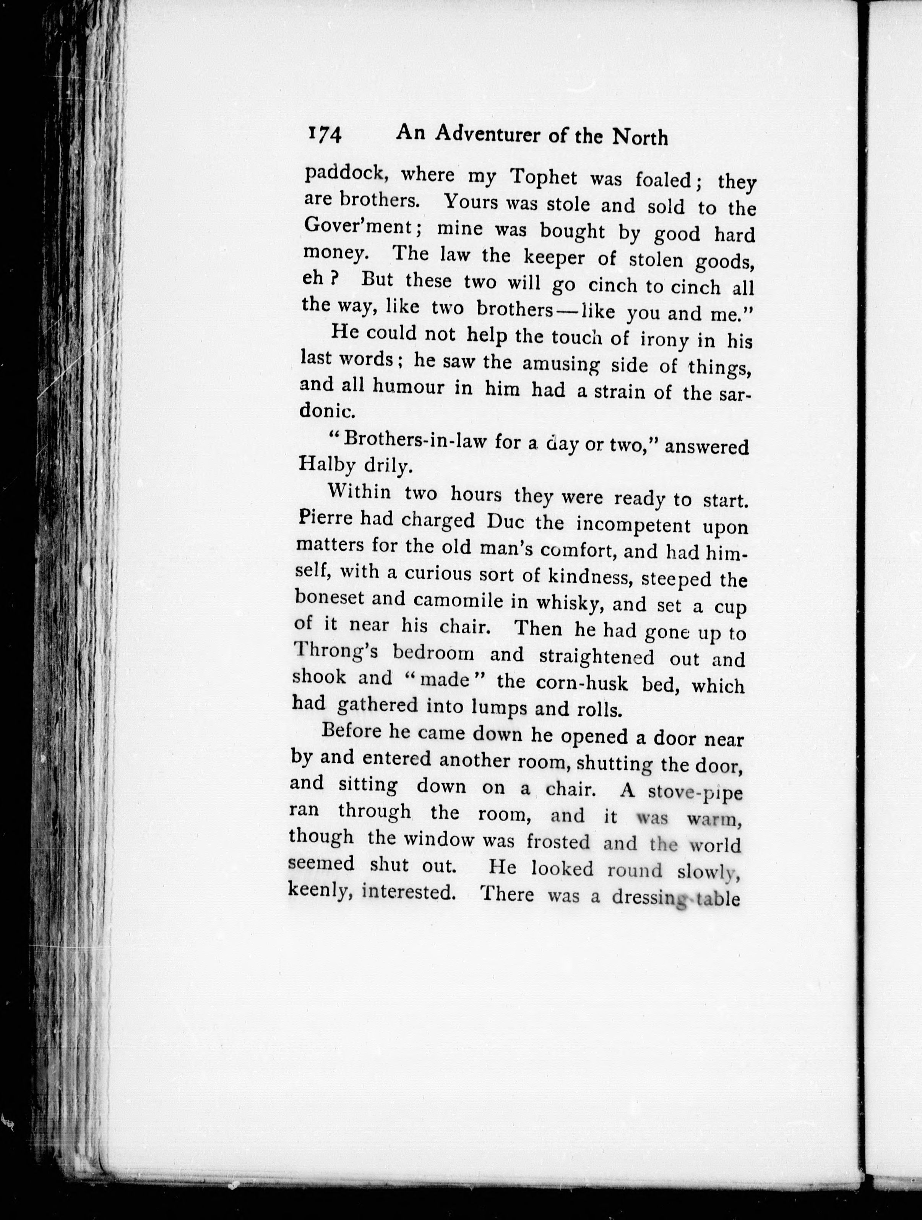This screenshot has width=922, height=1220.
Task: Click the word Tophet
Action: (x=544, y=177)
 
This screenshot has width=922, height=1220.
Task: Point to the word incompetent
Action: (x=633, y=524)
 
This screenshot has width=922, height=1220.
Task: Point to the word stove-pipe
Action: (x=696, y=793)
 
